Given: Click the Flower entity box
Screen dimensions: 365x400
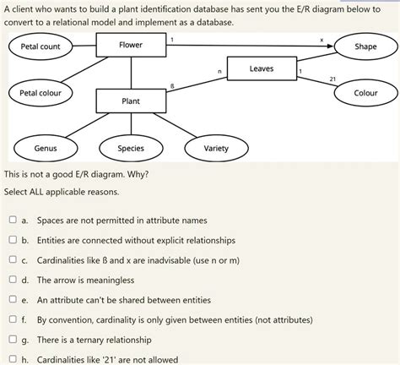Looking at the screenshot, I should [130, 45].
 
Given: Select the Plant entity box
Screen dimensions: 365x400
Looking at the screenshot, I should [130, 101].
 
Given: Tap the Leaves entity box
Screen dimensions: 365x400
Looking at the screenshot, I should [261, 68].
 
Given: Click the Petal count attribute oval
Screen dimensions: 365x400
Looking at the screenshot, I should [41, 46].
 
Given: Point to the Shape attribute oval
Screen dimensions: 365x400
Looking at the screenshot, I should [365, 46].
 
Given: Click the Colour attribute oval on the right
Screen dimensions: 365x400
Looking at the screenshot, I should [365, 92].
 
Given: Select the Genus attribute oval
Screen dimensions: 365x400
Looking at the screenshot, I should [46, 149].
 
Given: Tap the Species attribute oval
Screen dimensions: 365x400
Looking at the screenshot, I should [131, 149].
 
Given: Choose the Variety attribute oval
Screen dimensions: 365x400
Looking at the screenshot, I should [216, 149].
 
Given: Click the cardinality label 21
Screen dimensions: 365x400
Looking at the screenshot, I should [332, 79].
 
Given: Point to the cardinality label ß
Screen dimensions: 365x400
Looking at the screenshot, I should [172, 85].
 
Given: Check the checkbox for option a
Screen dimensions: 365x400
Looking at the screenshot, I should [13, 220].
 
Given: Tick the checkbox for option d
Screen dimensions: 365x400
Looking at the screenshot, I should [13, 280].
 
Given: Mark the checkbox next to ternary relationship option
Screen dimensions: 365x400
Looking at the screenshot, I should [13, 340].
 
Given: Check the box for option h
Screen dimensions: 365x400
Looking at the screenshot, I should [13, 359].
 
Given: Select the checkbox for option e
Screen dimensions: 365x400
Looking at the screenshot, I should [13, 300].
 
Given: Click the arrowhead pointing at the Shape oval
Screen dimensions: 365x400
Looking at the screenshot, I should [332, 46].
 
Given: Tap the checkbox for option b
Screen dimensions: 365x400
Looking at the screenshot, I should [13, 240].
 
